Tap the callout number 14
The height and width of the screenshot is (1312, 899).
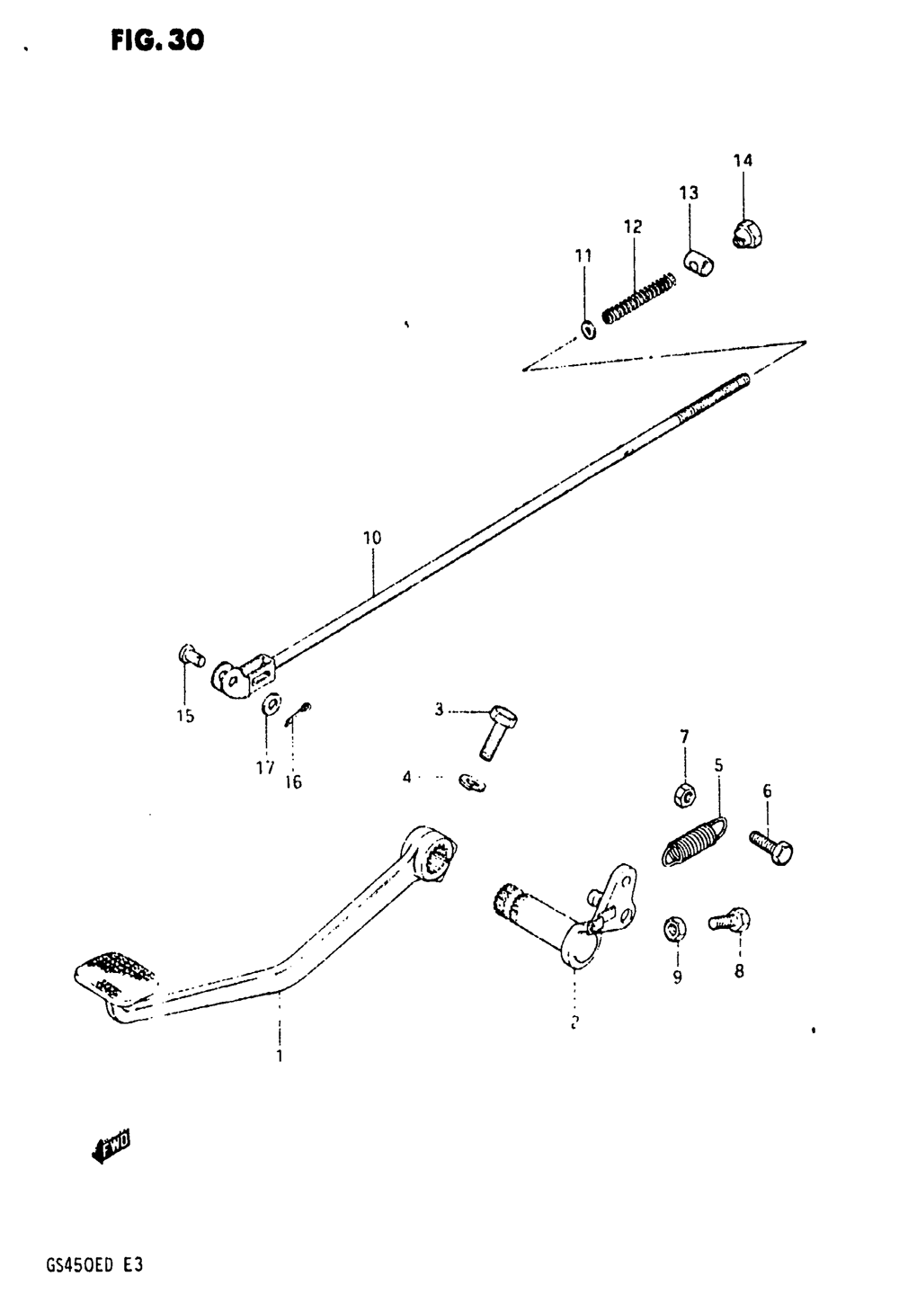point(743,161)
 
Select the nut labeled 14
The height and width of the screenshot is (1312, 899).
point(746,233)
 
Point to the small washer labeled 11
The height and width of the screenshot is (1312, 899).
point(587,330)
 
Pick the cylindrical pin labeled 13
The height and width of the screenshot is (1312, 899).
point(697,263)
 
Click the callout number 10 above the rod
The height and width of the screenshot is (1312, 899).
point(372,539)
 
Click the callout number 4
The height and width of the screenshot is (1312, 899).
point(406,776)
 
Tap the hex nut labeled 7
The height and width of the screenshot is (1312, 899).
point(683,795)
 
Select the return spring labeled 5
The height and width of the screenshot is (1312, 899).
point(696,842)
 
